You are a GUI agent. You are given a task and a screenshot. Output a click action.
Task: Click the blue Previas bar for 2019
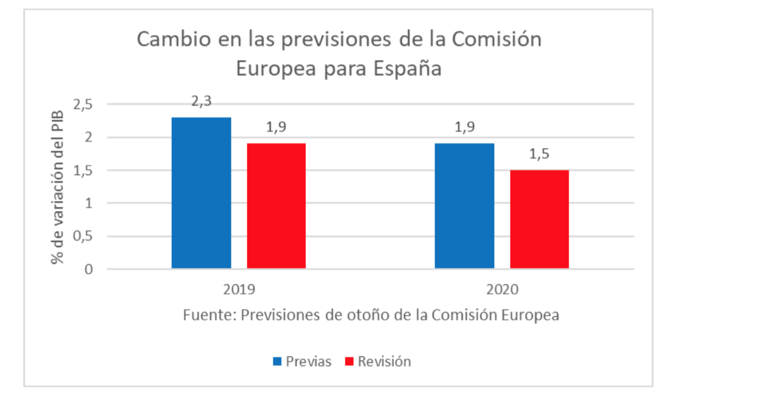[201, 193]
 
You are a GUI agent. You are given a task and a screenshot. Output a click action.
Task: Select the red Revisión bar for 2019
[276, 206]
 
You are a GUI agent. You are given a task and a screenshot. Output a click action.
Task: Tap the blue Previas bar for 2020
[464, 206]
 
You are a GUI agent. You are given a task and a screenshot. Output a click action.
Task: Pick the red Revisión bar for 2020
[539, 219]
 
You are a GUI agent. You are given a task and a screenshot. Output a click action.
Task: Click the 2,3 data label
[201, 102]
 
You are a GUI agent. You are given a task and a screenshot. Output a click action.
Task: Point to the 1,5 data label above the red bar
[540, 154]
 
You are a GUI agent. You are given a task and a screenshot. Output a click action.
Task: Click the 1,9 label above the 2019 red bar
[276, 128]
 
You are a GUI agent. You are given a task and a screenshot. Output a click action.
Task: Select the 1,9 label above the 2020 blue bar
[465, 128]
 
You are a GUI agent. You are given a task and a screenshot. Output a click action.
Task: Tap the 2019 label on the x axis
[239, 289]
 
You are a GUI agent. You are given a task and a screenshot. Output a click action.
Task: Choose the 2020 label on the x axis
[502, 289]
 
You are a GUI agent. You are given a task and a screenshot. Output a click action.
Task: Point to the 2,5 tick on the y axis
[83, 105]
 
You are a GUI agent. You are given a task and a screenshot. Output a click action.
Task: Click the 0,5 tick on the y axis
[83, 236]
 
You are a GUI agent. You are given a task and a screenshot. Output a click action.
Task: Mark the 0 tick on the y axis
[89, 269]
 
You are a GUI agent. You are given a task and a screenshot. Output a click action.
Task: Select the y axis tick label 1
[89, 203]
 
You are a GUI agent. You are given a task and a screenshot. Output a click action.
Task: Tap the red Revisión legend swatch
[348, 362]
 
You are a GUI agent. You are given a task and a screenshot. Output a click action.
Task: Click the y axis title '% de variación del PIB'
[57, 187]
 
